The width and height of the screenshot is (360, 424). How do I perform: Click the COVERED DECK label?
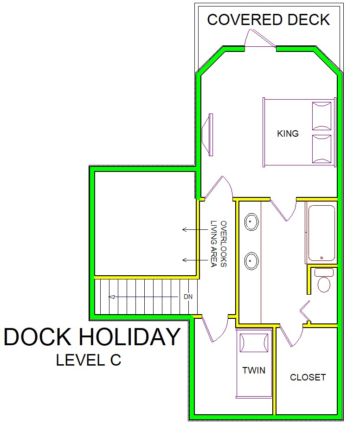tap(268, 20)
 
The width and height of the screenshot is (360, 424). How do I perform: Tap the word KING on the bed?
tap(288, 133)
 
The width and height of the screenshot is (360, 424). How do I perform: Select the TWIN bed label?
tap(254, 370)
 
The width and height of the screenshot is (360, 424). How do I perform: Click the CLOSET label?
tap(308, 377)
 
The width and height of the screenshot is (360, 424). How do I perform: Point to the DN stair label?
tap(188, 297)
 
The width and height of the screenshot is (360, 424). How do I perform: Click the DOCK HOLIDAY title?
tap(92, 337)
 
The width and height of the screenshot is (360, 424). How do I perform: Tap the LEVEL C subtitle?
tap(89, 360)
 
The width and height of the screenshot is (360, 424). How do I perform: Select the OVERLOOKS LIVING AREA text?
tap(219, 244)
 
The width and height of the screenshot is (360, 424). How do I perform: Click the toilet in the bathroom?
tap(324, 280)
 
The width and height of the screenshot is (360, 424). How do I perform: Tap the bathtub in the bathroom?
tap(321, 233)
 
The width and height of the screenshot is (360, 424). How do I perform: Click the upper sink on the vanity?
tap(251, 222)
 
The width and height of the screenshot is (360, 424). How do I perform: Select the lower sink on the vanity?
tap(251, 261)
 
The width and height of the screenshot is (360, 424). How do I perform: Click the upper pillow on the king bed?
tap(321, 116)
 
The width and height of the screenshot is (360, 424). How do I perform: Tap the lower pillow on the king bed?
tap(321, 149)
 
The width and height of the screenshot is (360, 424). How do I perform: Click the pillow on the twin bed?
tap(254, 343)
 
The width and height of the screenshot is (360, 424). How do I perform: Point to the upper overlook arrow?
tap(195, 229)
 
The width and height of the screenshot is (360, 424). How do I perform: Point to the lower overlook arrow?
tap(195, 260)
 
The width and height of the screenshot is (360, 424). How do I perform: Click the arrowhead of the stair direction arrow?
tap(111, 297)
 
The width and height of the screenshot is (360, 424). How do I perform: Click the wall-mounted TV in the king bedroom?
tap(208, 135)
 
